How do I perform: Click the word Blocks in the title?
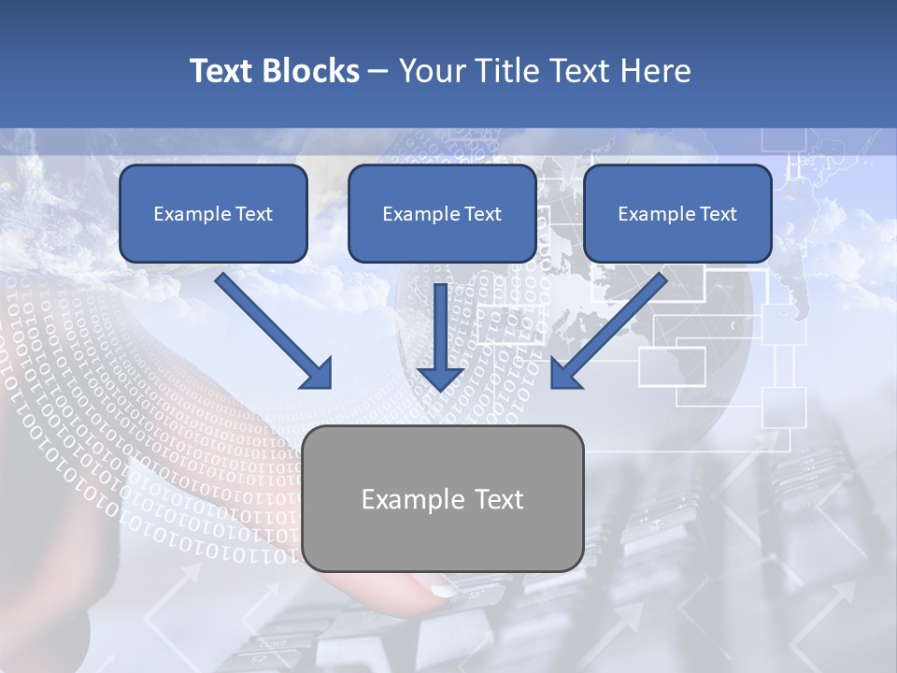coord(312,71)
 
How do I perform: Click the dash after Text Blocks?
coord(378,72)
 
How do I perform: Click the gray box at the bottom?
coord(443,533)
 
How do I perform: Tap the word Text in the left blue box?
coord(254,214)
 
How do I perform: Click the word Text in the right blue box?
coord(719,214)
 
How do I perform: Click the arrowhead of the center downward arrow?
coord(440,376)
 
